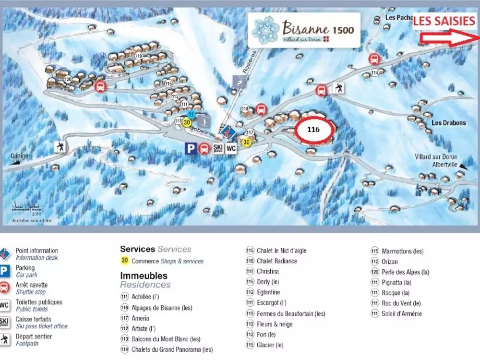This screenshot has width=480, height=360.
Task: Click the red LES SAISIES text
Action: coord(444,21)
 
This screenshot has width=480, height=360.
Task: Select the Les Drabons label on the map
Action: coord(448,123)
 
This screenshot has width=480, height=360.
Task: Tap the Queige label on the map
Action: coord(20,156)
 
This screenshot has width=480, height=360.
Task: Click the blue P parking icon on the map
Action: coord(191,148)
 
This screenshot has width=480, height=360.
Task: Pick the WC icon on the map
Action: coord(231,148)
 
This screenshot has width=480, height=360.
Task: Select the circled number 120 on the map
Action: coord(68,79)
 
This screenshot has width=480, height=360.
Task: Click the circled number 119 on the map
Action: coord(139,57)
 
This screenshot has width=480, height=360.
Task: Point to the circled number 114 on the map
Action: coord(374,72)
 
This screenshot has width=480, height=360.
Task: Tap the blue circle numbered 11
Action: coord(191,114)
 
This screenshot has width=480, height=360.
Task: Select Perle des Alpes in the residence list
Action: coord(405,272)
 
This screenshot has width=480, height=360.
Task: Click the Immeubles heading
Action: coord(144,276)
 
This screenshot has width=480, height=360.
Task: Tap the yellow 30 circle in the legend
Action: coord(125,261)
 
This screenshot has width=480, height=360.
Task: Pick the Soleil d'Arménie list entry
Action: coord(402,314)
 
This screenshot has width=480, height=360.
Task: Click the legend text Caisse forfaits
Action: coord(33,319)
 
